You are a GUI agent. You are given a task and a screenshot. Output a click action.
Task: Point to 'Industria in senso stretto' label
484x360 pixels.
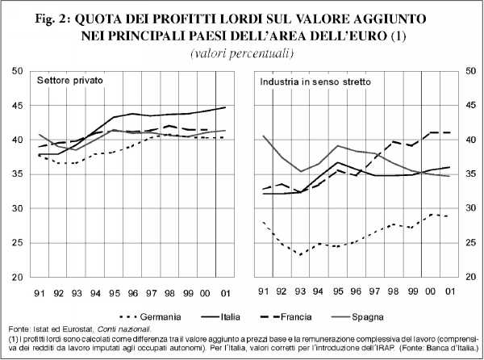coord(309,82)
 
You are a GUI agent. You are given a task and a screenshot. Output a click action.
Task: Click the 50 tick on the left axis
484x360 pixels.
coord(19,71)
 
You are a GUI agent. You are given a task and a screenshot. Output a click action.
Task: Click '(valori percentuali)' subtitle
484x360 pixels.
coord(242,52)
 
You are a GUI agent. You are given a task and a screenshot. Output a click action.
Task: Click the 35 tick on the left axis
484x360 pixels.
coord(19,174)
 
